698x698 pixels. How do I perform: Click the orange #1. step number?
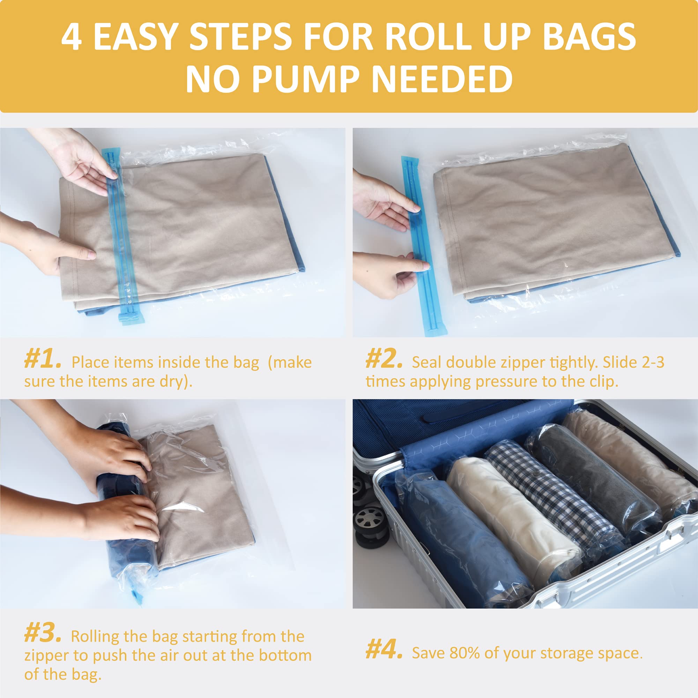[43, 361]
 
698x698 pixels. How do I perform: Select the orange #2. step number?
[384, 361]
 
